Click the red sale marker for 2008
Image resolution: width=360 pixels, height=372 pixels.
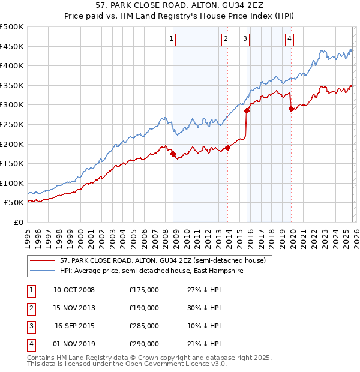click(173, 154)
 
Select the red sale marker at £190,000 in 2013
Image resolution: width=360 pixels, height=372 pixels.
click(227, 148)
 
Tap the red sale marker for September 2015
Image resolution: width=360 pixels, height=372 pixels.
click(247, 110)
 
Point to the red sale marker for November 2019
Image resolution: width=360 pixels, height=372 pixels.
click(291, 109)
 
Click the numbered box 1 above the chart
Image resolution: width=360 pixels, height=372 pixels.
click(172, 40)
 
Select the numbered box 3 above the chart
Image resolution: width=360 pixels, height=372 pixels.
click(245, 40)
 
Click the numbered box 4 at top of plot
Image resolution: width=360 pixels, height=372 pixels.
click(289, 40)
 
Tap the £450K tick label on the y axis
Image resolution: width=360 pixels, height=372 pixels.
click(12, 46)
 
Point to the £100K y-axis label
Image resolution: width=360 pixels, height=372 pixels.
click(12, 183)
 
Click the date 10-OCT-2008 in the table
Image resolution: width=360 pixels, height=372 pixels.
click(74, 290)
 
